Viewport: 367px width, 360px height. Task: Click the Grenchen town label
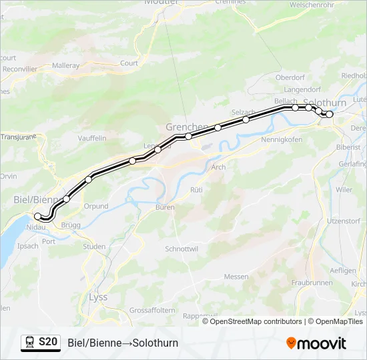click(x=186, y=127)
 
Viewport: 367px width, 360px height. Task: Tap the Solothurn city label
click(x=324, y=103)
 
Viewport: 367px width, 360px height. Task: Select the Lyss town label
click(x=97, y=297)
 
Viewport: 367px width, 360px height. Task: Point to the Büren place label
click(x=165, y=207)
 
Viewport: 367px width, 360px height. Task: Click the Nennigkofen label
click(x=282, y=140)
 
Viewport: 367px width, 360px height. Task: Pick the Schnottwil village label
click(x=180, y=248)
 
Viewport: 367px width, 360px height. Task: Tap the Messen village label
click(x=236, y=277)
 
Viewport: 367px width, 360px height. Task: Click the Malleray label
click(x=65, y=65)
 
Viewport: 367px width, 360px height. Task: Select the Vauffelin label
click(x=92, y=137)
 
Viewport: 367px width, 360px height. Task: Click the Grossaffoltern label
click(x=152, y=310)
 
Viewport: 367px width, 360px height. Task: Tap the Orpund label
click(x=96, y=206)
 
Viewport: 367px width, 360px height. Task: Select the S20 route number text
click(x=48, y=342)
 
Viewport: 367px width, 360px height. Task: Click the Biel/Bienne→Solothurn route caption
click(x=123, y=343)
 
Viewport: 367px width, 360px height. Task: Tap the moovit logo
click(x=316, y=343)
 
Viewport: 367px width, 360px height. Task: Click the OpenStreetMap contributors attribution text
click(x=255, y=321)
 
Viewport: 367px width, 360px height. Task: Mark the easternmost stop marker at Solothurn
click(x=329, y=114)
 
